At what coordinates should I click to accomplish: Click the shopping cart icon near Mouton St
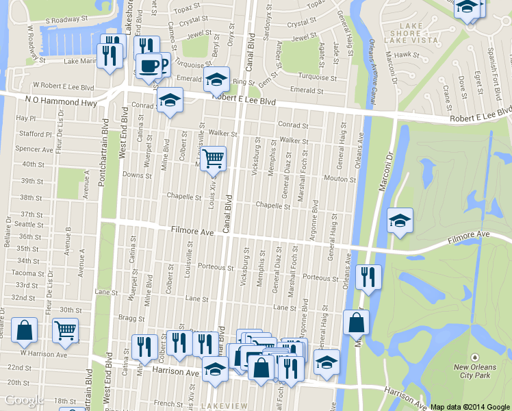click(214, 159)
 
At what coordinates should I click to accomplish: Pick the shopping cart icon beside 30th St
click(65, 331)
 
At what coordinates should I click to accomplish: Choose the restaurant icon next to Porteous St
click(368, 277)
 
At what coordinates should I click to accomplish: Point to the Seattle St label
click(29, 225)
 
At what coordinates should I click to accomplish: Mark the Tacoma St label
click(27, 273)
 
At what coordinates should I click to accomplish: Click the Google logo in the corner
click(25, 401)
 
